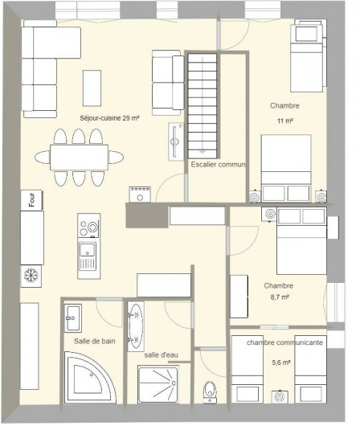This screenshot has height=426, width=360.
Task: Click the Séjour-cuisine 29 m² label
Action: tap(110, 119)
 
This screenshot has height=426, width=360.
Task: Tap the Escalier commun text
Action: tap(218, 165)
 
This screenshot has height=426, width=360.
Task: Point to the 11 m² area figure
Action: tap(284, 121)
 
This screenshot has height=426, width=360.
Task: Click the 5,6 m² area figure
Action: tap(280, 363)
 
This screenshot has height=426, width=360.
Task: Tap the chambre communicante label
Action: tap(285, 342)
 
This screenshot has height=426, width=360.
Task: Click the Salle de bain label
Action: tap(93, 342)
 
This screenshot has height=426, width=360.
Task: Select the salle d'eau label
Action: tap(162, 354)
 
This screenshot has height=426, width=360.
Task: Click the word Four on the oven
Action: tap(31, 199)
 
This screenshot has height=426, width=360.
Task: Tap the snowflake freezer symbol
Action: tap(33, 276)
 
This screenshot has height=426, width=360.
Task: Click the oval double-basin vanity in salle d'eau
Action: tap(134, 325)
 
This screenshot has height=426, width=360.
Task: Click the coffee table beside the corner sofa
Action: tap(92, 87)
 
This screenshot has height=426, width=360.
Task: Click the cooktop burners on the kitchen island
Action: tap(88, 227)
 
